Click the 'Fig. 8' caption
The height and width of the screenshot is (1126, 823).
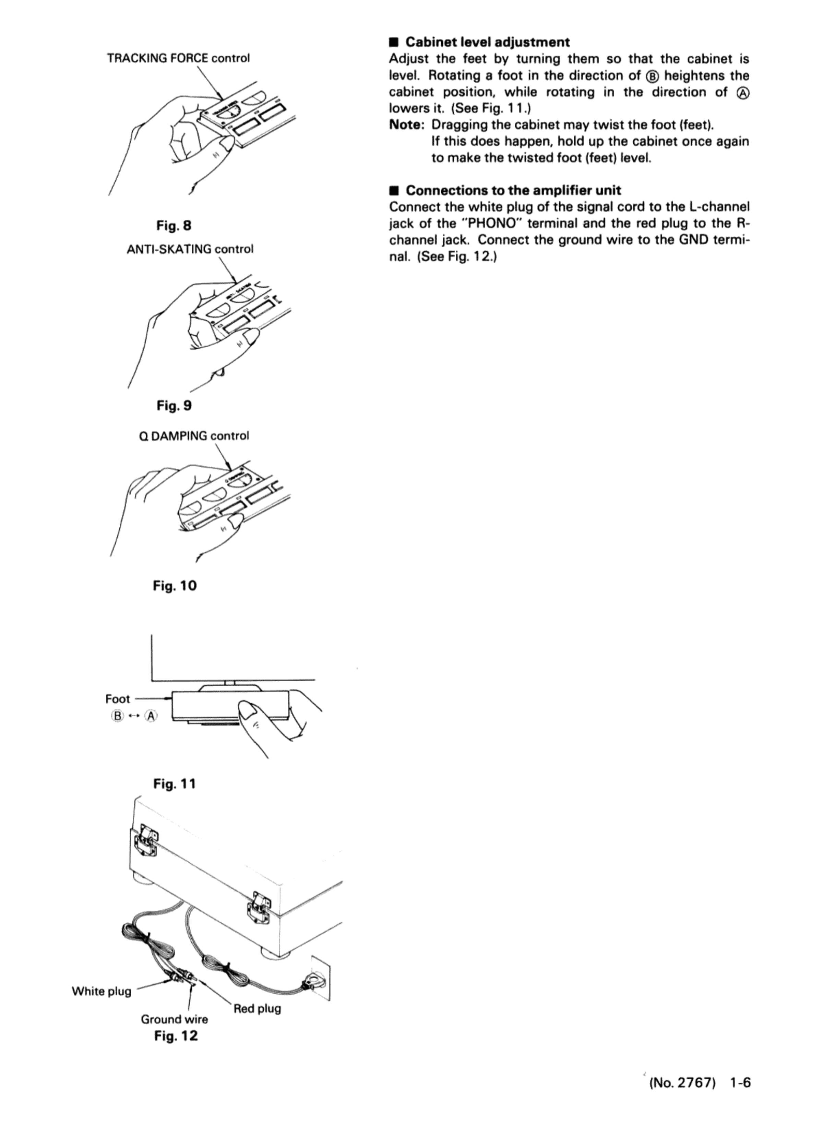(x=174, y=226)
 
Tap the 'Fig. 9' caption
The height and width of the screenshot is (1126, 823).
(x=174, y=406)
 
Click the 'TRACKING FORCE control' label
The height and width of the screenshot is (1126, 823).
(x=178, y=58)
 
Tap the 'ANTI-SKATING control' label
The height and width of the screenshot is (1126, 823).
(x=190, y=249)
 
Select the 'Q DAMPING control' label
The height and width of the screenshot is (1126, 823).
(x=194, y=436)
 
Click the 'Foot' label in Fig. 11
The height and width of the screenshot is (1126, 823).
(x=118, y=699)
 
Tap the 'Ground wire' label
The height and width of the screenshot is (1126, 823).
(x=174, y=1019)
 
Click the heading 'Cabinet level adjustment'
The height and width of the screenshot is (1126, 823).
(x=488, y=42)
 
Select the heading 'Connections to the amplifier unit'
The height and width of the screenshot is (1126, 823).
(x=513, y=190)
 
